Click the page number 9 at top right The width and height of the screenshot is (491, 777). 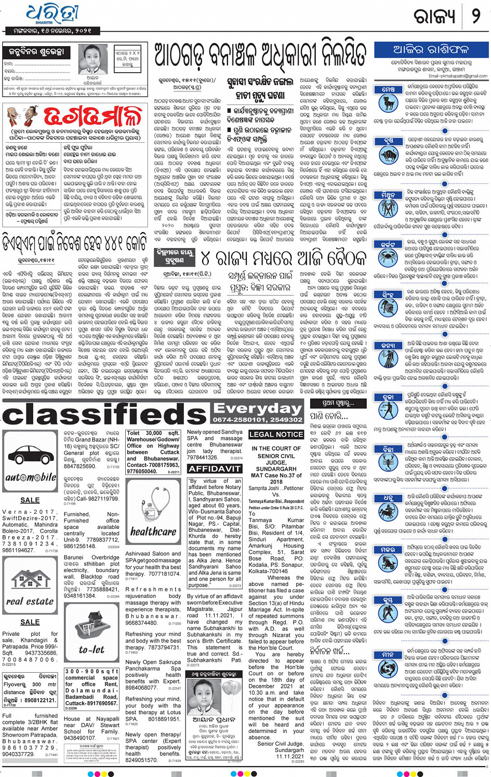tap(475, 17)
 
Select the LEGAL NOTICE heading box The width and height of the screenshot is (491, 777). tap(276, 434)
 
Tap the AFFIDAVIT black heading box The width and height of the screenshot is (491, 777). tap(214, 468)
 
